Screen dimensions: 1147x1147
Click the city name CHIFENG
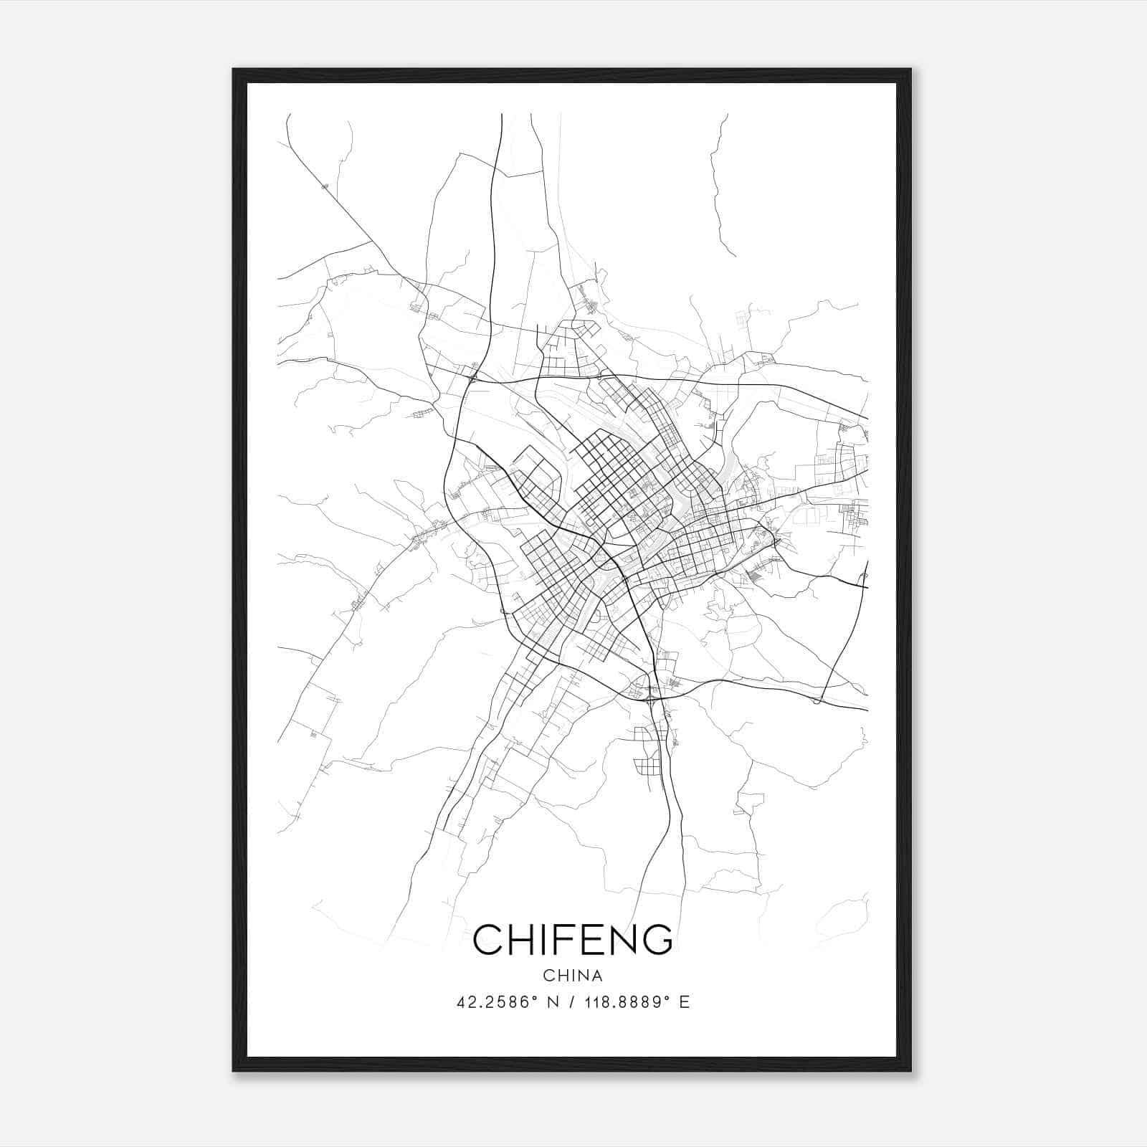click(573, 939)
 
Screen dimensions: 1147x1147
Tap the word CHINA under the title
click(573, 976)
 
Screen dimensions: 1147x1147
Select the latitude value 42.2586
click(492, 1002)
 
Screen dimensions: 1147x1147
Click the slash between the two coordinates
click(571, 1002)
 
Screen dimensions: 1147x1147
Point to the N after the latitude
click(552, 1002)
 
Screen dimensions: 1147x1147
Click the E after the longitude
click(685, 1002)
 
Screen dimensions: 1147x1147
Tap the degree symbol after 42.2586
click(533, 998)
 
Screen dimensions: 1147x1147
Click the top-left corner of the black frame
click(234, 70)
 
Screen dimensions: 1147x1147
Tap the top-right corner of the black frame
click(910, 70)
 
